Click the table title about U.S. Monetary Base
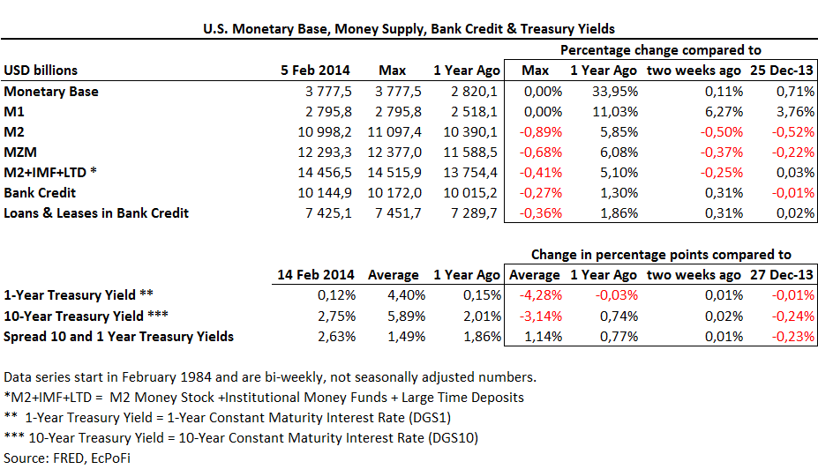pyautogui.click(x=409, y=29)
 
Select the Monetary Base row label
pyautogui.click(x=51, y=91)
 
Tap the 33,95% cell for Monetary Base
pyautogui.click(x=604, y=91)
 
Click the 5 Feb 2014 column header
pyautogui.click(x=315, y=71)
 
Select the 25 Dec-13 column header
pyautogui.click(x=782, y=71)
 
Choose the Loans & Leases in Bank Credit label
pyautogui.click(x=96, y=212)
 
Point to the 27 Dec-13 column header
pyautogui.click(x=782, y=275)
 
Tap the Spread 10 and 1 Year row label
pyautogui.click(x=120, y=336)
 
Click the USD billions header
pyautogui.click(x=41, y=71)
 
